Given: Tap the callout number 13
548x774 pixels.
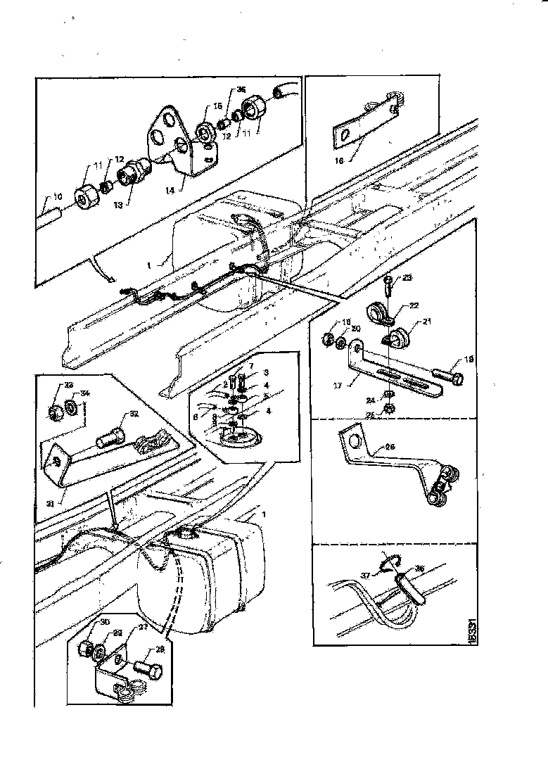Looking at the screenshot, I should pos(117,204).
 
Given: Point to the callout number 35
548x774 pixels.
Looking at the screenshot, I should pos(241,90).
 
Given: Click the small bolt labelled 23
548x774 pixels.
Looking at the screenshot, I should pos(387,286).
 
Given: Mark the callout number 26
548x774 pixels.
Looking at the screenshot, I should pos(391,445).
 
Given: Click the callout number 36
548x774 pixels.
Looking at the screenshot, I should pos(419,569).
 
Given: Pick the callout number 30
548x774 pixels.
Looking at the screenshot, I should pos(85,623).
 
